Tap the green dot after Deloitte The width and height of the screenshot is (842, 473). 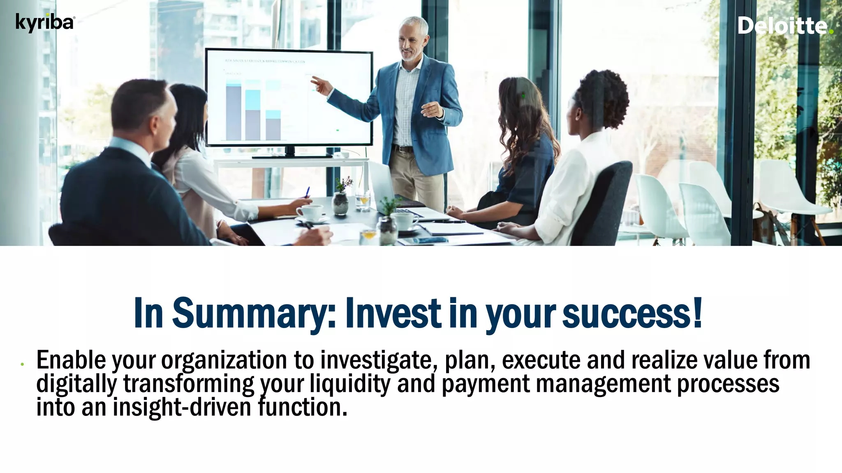(x=831, y=32)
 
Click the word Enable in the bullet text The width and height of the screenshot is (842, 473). (x=71, y=360)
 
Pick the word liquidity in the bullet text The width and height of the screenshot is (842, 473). (x=350, y=383)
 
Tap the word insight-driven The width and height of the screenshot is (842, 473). (x=182, y=407)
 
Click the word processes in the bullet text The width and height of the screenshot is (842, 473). (x=728, y=383)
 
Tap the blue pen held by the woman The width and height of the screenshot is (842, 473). (x=307, y=192)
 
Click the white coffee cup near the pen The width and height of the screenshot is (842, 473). (x=310, y=213)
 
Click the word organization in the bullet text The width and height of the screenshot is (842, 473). (x=224, y=360)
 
